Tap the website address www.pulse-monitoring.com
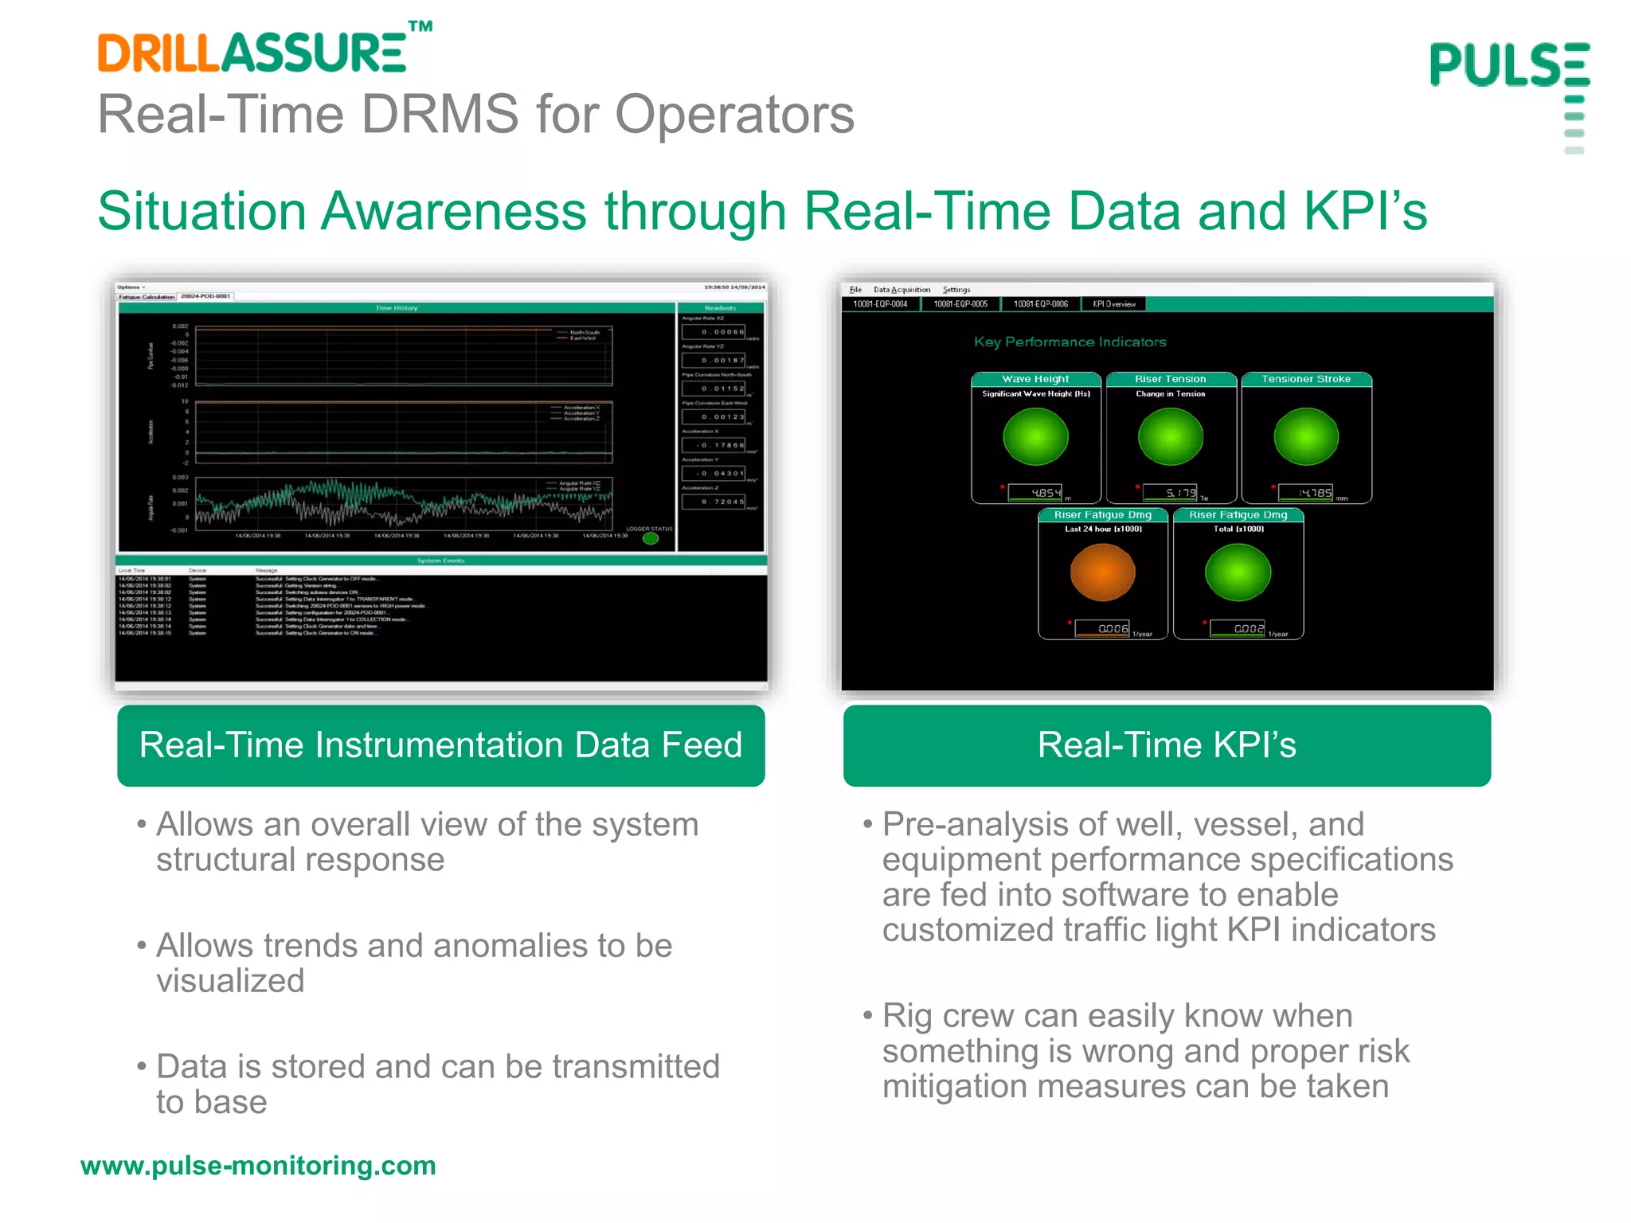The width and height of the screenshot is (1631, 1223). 258,1166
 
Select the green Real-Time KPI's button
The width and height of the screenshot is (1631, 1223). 1167,746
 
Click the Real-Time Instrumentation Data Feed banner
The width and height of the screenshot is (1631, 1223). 440,746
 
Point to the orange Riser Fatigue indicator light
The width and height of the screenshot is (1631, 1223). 1102,572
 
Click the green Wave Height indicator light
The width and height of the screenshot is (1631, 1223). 1035,436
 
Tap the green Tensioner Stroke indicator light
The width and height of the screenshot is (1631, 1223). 1306,436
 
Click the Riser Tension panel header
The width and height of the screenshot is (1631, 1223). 1170,379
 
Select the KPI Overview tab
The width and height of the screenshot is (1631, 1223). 1114,303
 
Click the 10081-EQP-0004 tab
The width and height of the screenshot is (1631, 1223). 880,303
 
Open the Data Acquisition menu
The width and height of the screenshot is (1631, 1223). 902,290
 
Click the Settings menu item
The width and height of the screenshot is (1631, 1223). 956,290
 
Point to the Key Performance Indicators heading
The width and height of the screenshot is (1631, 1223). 1070,342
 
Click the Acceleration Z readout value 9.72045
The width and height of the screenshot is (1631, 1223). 714,502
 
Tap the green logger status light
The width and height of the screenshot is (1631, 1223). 651,539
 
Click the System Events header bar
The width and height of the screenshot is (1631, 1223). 440,561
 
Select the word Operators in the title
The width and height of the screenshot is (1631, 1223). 734,115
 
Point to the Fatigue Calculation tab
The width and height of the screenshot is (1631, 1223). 147,296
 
